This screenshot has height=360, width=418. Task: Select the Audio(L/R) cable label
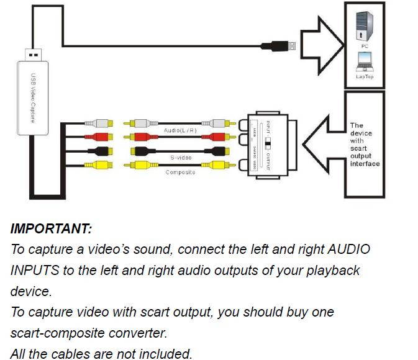pos(181,131)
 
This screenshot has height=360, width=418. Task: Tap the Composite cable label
pos(180,172)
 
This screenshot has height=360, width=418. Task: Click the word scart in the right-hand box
pos(359,149)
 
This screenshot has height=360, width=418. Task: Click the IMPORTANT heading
pos(51,228)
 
